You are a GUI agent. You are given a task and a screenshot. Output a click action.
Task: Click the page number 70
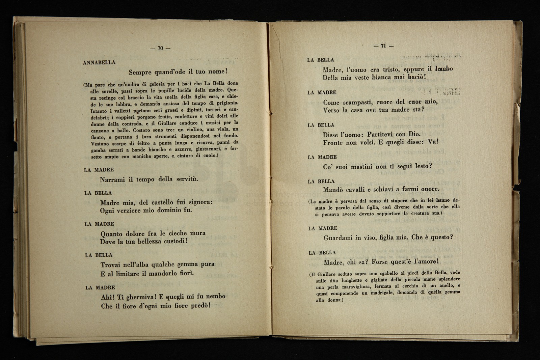coord(160,48)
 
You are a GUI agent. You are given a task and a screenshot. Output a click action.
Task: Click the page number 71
coord(383,46)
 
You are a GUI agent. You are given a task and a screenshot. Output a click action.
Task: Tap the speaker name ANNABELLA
coord(99,62)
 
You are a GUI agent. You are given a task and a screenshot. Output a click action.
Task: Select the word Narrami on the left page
coord(112,179)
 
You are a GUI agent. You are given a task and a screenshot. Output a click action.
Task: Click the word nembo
coord(214,297)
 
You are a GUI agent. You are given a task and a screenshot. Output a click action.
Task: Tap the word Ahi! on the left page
coord(108,298)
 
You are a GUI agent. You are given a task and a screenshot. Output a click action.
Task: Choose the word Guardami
coord(338,238)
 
